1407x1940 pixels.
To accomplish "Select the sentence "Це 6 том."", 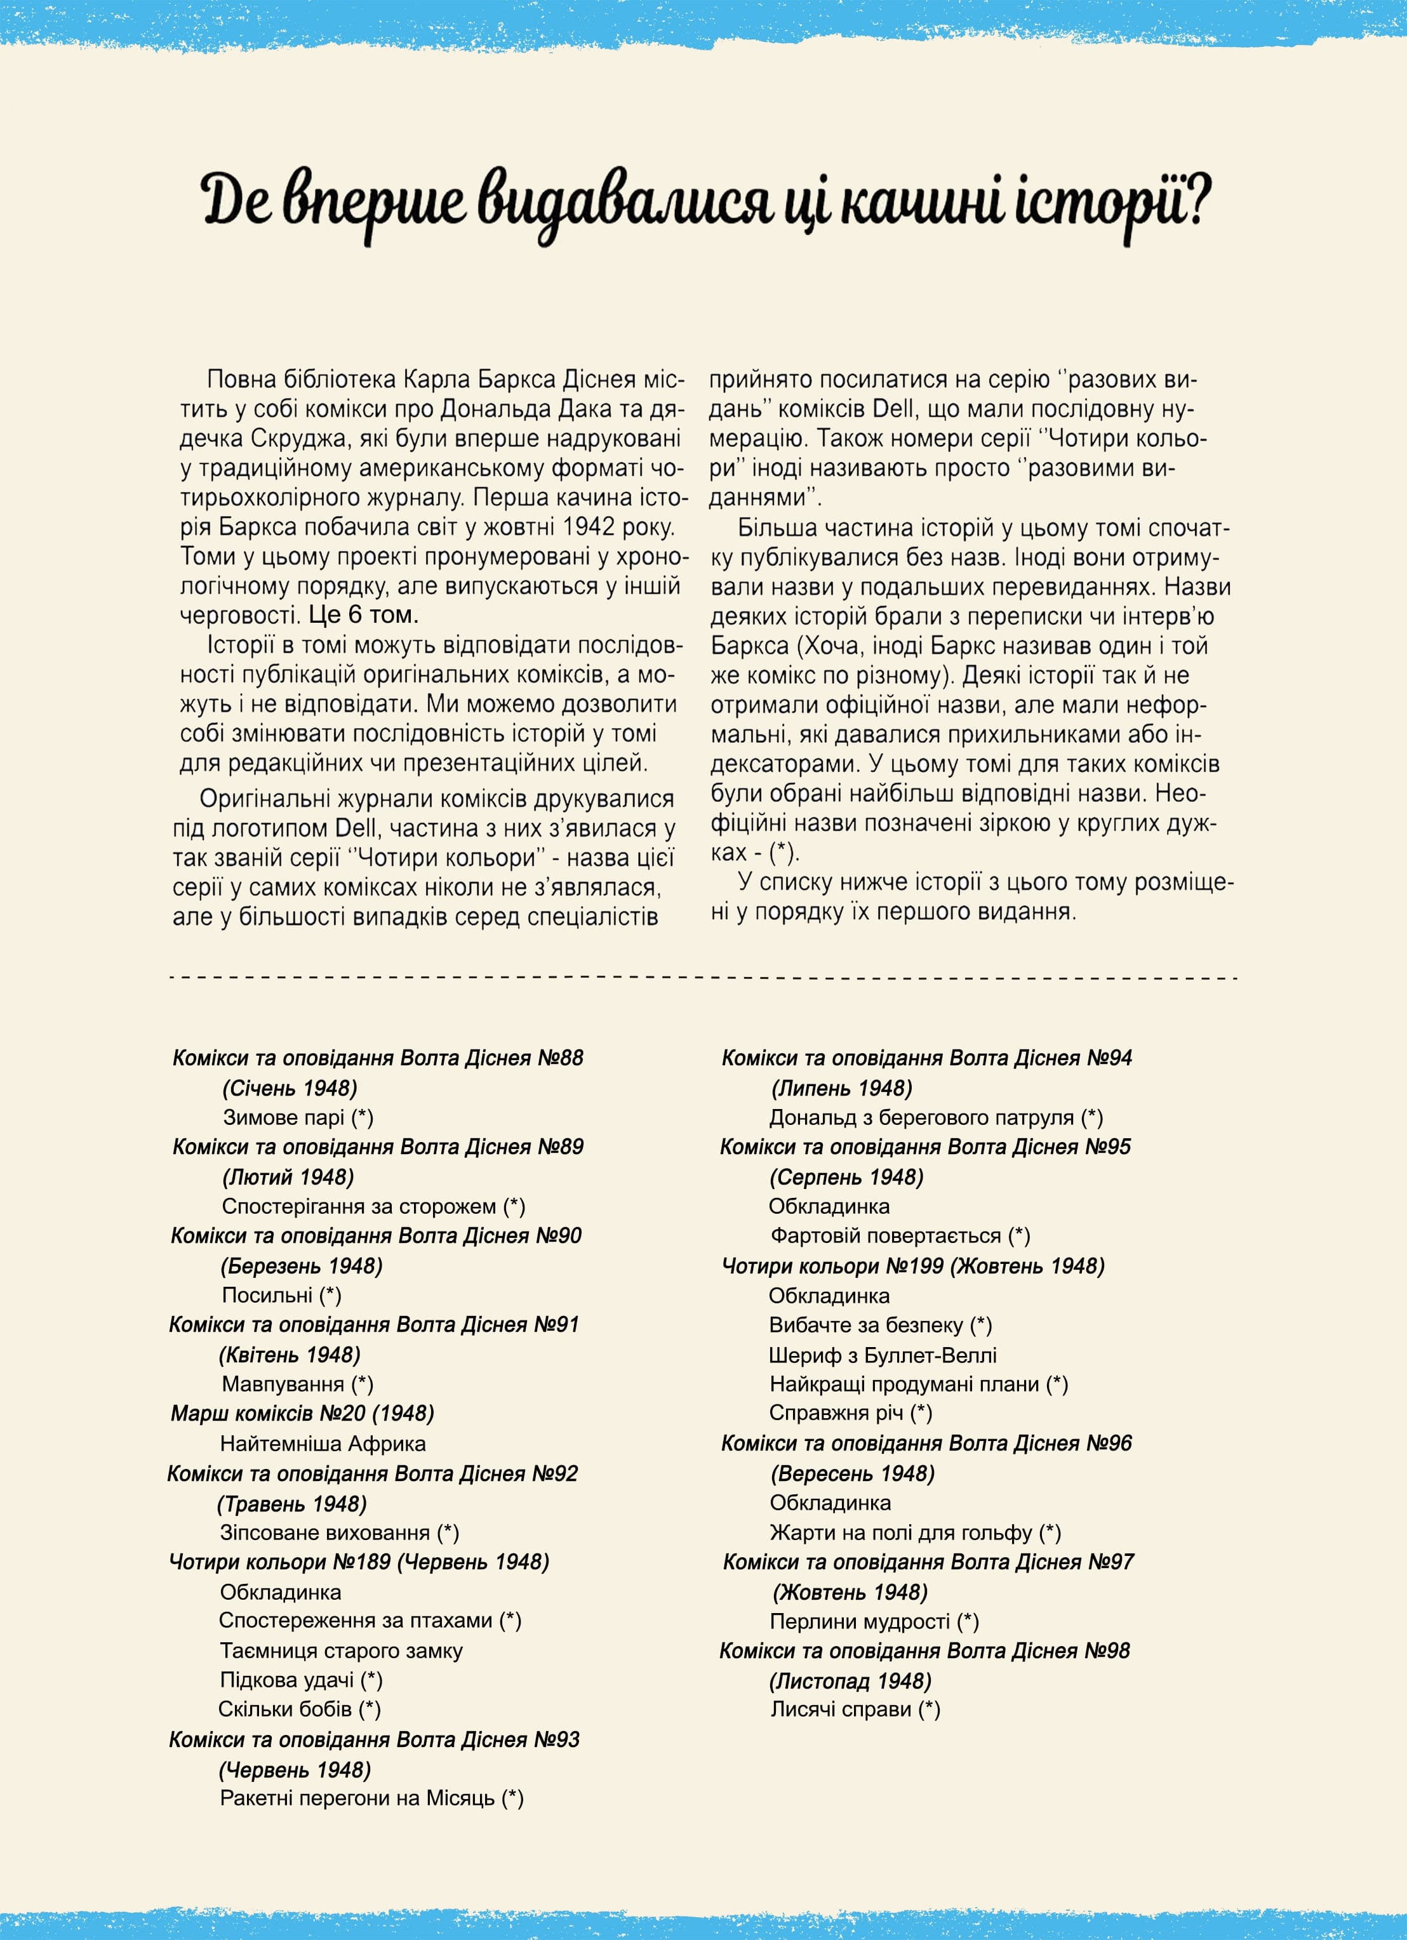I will pyautogui.click(x=364, y=615).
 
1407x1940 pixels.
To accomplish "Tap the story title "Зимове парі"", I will pyautogui.click(x=284, y=1117).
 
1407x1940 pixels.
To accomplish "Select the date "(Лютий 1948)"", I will pyautogui.click(x=288, y=1177).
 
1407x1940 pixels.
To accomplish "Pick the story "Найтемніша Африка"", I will pyautogui.click(x=323, y=1444).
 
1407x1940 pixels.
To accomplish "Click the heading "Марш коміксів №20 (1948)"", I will pyautogui.click(x=302, y=1414).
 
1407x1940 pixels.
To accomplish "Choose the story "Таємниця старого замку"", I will pyautogui.click(x=341, y=1651).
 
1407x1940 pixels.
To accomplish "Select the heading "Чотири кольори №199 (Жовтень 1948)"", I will pyautogui.click(x=912, y=1266).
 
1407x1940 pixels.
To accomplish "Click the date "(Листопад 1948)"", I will pyautogui.click(x=851, y=1681).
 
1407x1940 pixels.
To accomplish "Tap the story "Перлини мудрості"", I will pyautogui.click(x=860, y=1621).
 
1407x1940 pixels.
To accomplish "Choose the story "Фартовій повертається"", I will pyautogui.click(x=885, y=1236).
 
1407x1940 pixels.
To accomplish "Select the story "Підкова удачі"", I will pyautogui.click(x=288, y=1680).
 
